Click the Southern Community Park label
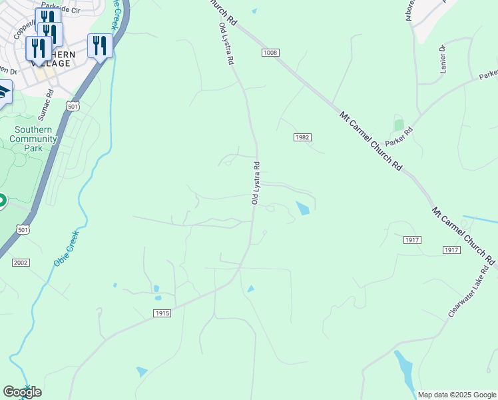coord(33,139)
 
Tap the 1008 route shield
coord(270,53)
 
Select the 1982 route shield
coord(302,137)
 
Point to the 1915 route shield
coord(162,313)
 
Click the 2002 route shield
coord(21,263)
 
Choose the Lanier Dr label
coord(441,59)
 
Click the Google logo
coord(22,392)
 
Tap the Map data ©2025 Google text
coord(457,395)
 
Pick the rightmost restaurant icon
coord(100,46)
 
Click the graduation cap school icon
coord(3,91)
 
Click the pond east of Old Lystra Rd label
coord(302,208)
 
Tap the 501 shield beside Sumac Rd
coord(73,107)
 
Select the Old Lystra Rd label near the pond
coord(255,183)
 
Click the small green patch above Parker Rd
coord(399,124)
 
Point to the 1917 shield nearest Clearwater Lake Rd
coord(451,249)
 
